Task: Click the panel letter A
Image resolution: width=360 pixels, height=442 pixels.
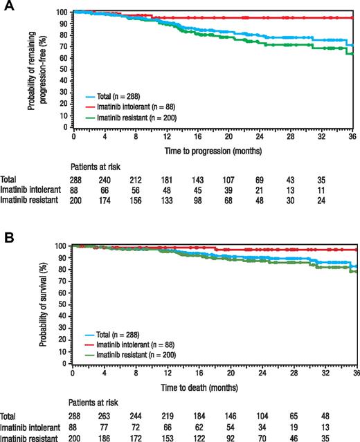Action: (x=8, y=7)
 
